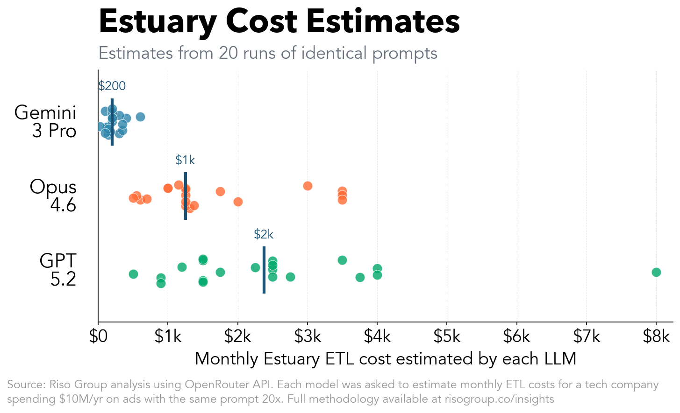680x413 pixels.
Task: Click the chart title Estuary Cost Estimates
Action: click(279, 21)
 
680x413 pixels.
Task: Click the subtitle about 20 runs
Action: click(268, 53)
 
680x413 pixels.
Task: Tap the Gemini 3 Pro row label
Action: click(46, 121)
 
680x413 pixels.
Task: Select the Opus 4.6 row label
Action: click(53, 196)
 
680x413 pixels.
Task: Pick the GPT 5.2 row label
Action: click(58, 270)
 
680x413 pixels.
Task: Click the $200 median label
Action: click(112, 86)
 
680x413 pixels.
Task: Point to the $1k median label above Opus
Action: click(185, 160)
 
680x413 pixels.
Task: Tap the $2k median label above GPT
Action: click(264, 234)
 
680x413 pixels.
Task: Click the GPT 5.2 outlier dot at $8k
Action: click(656, 272)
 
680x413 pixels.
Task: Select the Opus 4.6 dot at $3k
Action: click(308, 186)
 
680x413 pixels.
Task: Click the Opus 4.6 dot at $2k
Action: click(238, 202)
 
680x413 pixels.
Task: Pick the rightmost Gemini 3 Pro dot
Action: click(140, 117)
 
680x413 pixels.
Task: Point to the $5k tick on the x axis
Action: click(447, 336)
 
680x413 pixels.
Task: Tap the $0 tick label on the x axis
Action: click(98, 336)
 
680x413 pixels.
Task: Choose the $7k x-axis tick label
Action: click(586, 336)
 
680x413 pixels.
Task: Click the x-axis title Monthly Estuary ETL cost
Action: click(385, 359)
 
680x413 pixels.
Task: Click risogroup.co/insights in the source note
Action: click(499, 399)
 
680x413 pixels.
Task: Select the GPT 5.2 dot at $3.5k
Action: click(342, 260)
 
